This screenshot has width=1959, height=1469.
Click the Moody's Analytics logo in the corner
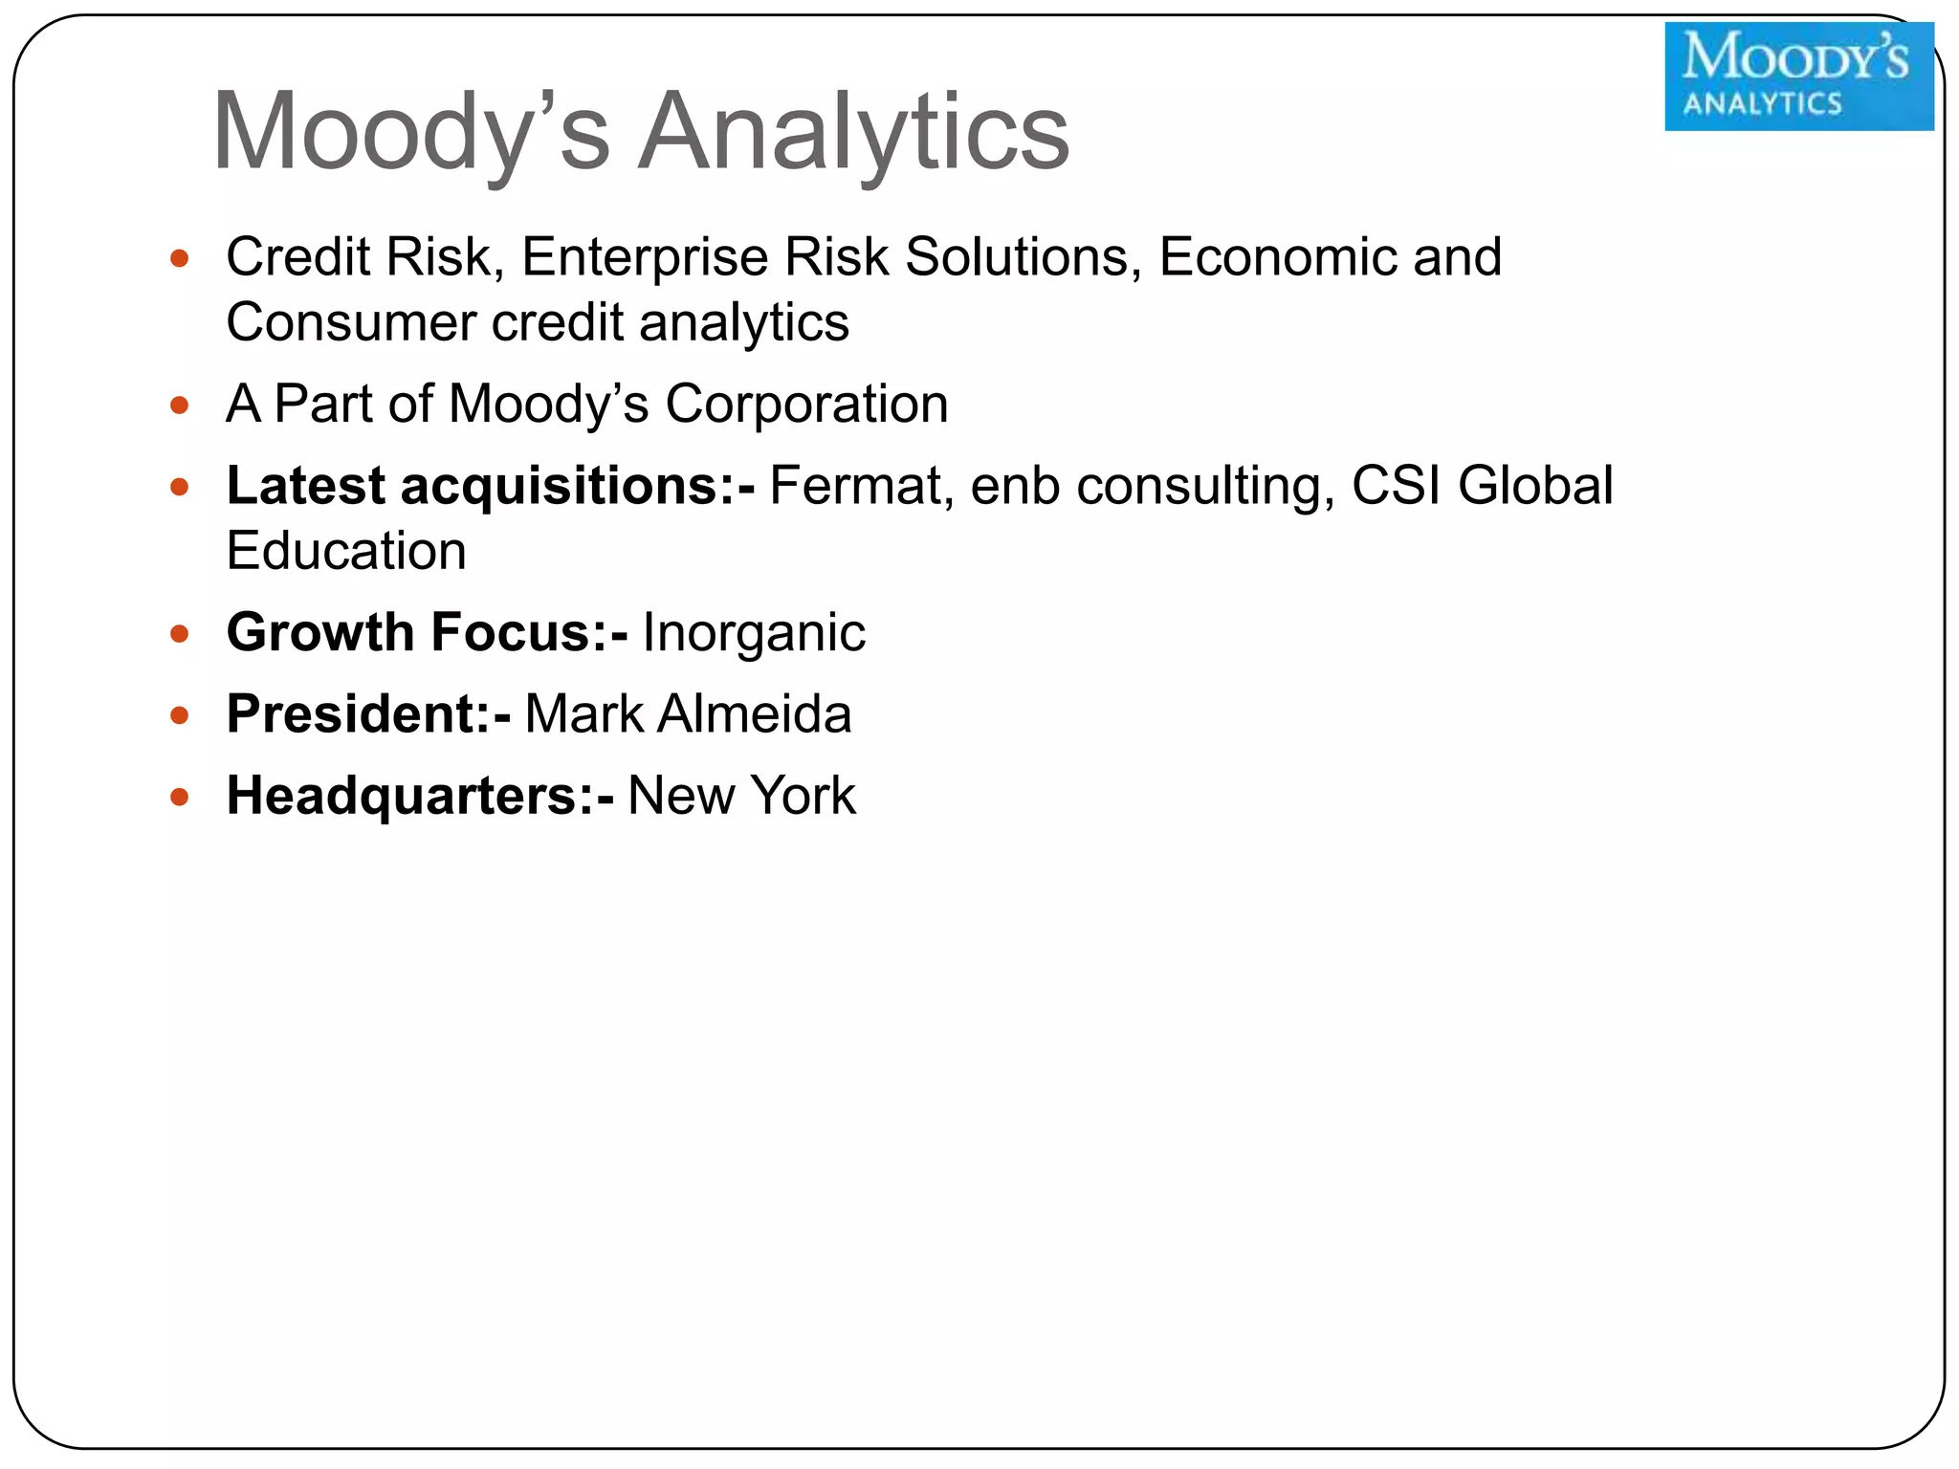coord(1798,77)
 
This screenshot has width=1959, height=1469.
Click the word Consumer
coord(350,322)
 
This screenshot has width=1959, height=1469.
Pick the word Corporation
coord(806,404)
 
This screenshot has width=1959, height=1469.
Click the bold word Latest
coord(306,486)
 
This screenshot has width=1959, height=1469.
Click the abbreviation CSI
coord(1397,486)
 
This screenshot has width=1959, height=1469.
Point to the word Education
coord(346,552)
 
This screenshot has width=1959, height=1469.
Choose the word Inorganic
coord(754,633)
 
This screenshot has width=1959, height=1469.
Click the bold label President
coord(359,714)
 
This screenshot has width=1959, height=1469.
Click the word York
coord(803,796)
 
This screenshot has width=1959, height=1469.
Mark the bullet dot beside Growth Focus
coord(180,634)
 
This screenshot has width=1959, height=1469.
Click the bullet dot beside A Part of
coord(180,406)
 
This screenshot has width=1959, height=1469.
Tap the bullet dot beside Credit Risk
coord(180,258)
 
